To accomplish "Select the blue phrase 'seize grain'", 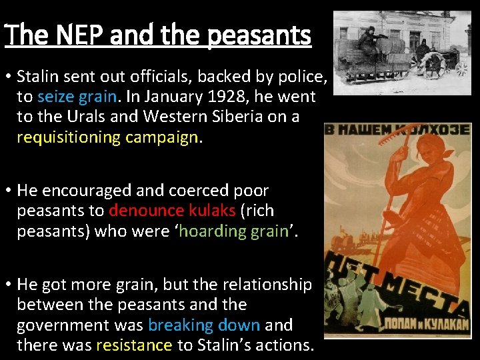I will (77, 97).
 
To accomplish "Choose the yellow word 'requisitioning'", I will (89, 137).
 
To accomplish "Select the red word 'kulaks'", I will (210, 211).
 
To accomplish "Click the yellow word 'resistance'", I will (134, 345).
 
